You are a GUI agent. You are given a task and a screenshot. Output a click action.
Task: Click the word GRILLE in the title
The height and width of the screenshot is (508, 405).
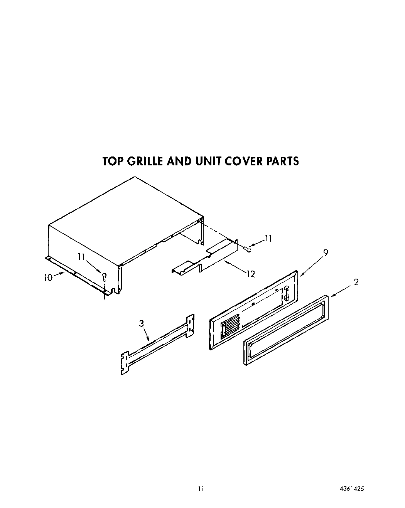(x=141, y=161)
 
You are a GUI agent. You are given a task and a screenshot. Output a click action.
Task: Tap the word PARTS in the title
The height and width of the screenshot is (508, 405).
(x=282, y=161)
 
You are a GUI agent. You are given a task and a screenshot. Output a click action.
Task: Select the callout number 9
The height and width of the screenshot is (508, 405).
(x=326, y=253)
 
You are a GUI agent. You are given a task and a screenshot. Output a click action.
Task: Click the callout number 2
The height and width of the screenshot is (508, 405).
(x=356, y=282)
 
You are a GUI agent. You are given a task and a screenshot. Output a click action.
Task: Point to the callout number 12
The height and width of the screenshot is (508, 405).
(x=251, y=274)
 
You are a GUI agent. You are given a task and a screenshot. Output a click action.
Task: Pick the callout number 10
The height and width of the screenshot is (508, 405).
(x=48, y=277)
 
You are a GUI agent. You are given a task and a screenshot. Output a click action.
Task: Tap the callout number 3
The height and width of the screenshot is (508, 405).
(x=142, y=323)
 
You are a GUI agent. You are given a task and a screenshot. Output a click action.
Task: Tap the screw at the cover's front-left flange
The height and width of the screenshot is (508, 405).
(x=104, y=276)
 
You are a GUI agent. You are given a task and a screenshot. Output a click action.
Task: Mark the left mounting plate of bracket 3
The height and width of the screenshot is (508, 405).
(x=124, y=363)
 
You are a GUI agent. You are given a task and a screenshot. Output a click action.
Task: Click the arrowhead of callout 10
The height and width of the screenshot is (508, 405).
(x=62, y=273)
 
